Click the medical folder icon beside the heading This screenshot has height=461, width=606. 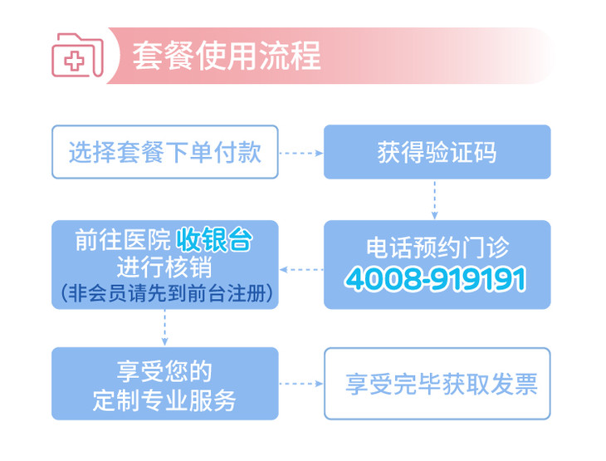[77, 56]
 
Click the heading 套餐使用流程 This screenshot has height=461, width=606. [226, 56]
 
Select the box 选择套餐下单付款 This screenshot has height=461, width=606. [164, 152]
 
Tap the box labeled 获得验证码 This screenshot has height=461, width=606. [437, 152]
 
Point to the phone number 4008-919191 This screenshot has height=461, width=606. [436, 280]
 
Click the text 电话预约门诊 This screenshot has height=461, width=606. [437, 248]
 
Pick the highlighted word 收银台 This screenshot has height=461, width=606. [213, 241]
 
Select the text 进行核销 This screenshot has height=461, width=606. [164, 267]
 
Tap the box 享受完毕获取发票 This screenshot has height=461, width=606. [437, 384]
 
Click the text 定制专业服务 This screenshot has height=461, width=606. [164, 399]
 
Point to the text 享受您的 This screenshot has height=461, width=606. [164, 369]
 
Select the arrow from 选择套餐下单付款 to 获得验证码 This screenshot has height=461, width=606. [301, 153]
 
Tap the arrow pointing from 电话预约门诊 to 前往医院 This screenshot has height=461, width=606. [301, 269]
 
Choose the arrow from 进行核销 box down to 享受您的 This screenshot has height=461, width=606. [165, 328]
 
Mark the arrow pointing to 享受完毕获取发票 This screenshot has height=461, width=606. [301, 384]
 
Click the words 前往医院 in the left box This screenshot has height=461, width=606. [123, 241]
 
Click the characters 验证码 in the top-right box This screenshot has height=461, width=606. [461, 152]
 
